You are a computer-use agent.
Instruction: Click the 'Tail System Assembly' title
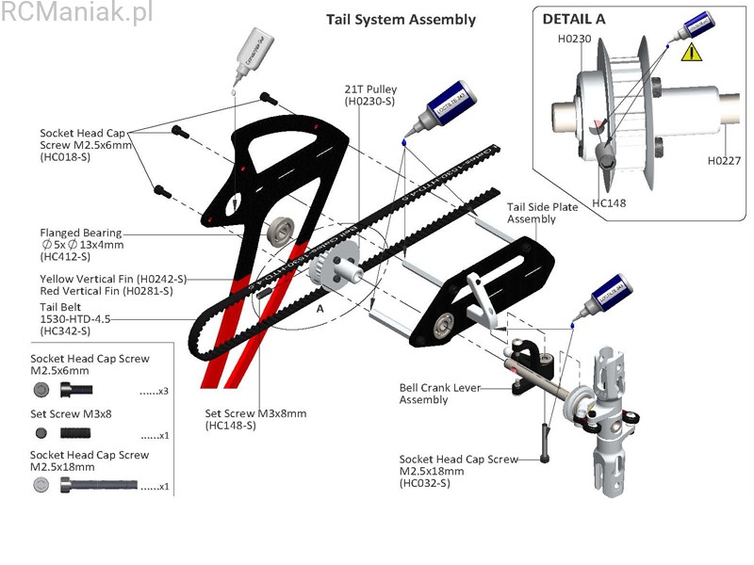(x=401, y=19)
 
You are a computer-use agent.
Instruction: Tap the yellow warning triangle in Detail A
(x=693, y=52)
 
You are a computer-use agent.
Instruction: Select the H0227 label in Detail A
(x=723, y=161)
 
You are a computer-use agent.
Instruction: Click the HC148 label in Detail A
(x=609, y=202)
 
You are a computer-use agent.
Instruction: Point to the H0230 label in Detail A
(x=574, y=39)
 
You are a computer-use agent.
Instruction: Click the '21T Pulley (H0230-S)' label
(x=370, y=94)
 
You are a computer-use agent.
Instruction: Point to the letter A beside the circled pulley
(x=320, y=308)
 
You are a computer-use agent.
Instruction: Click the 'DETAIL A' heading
(x=574, y=18)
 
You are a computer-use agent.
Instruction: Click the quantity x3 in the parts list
(x=154, y=390)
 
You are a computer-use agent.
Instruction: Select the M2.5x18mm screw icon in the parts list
(x=98, y=486)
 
